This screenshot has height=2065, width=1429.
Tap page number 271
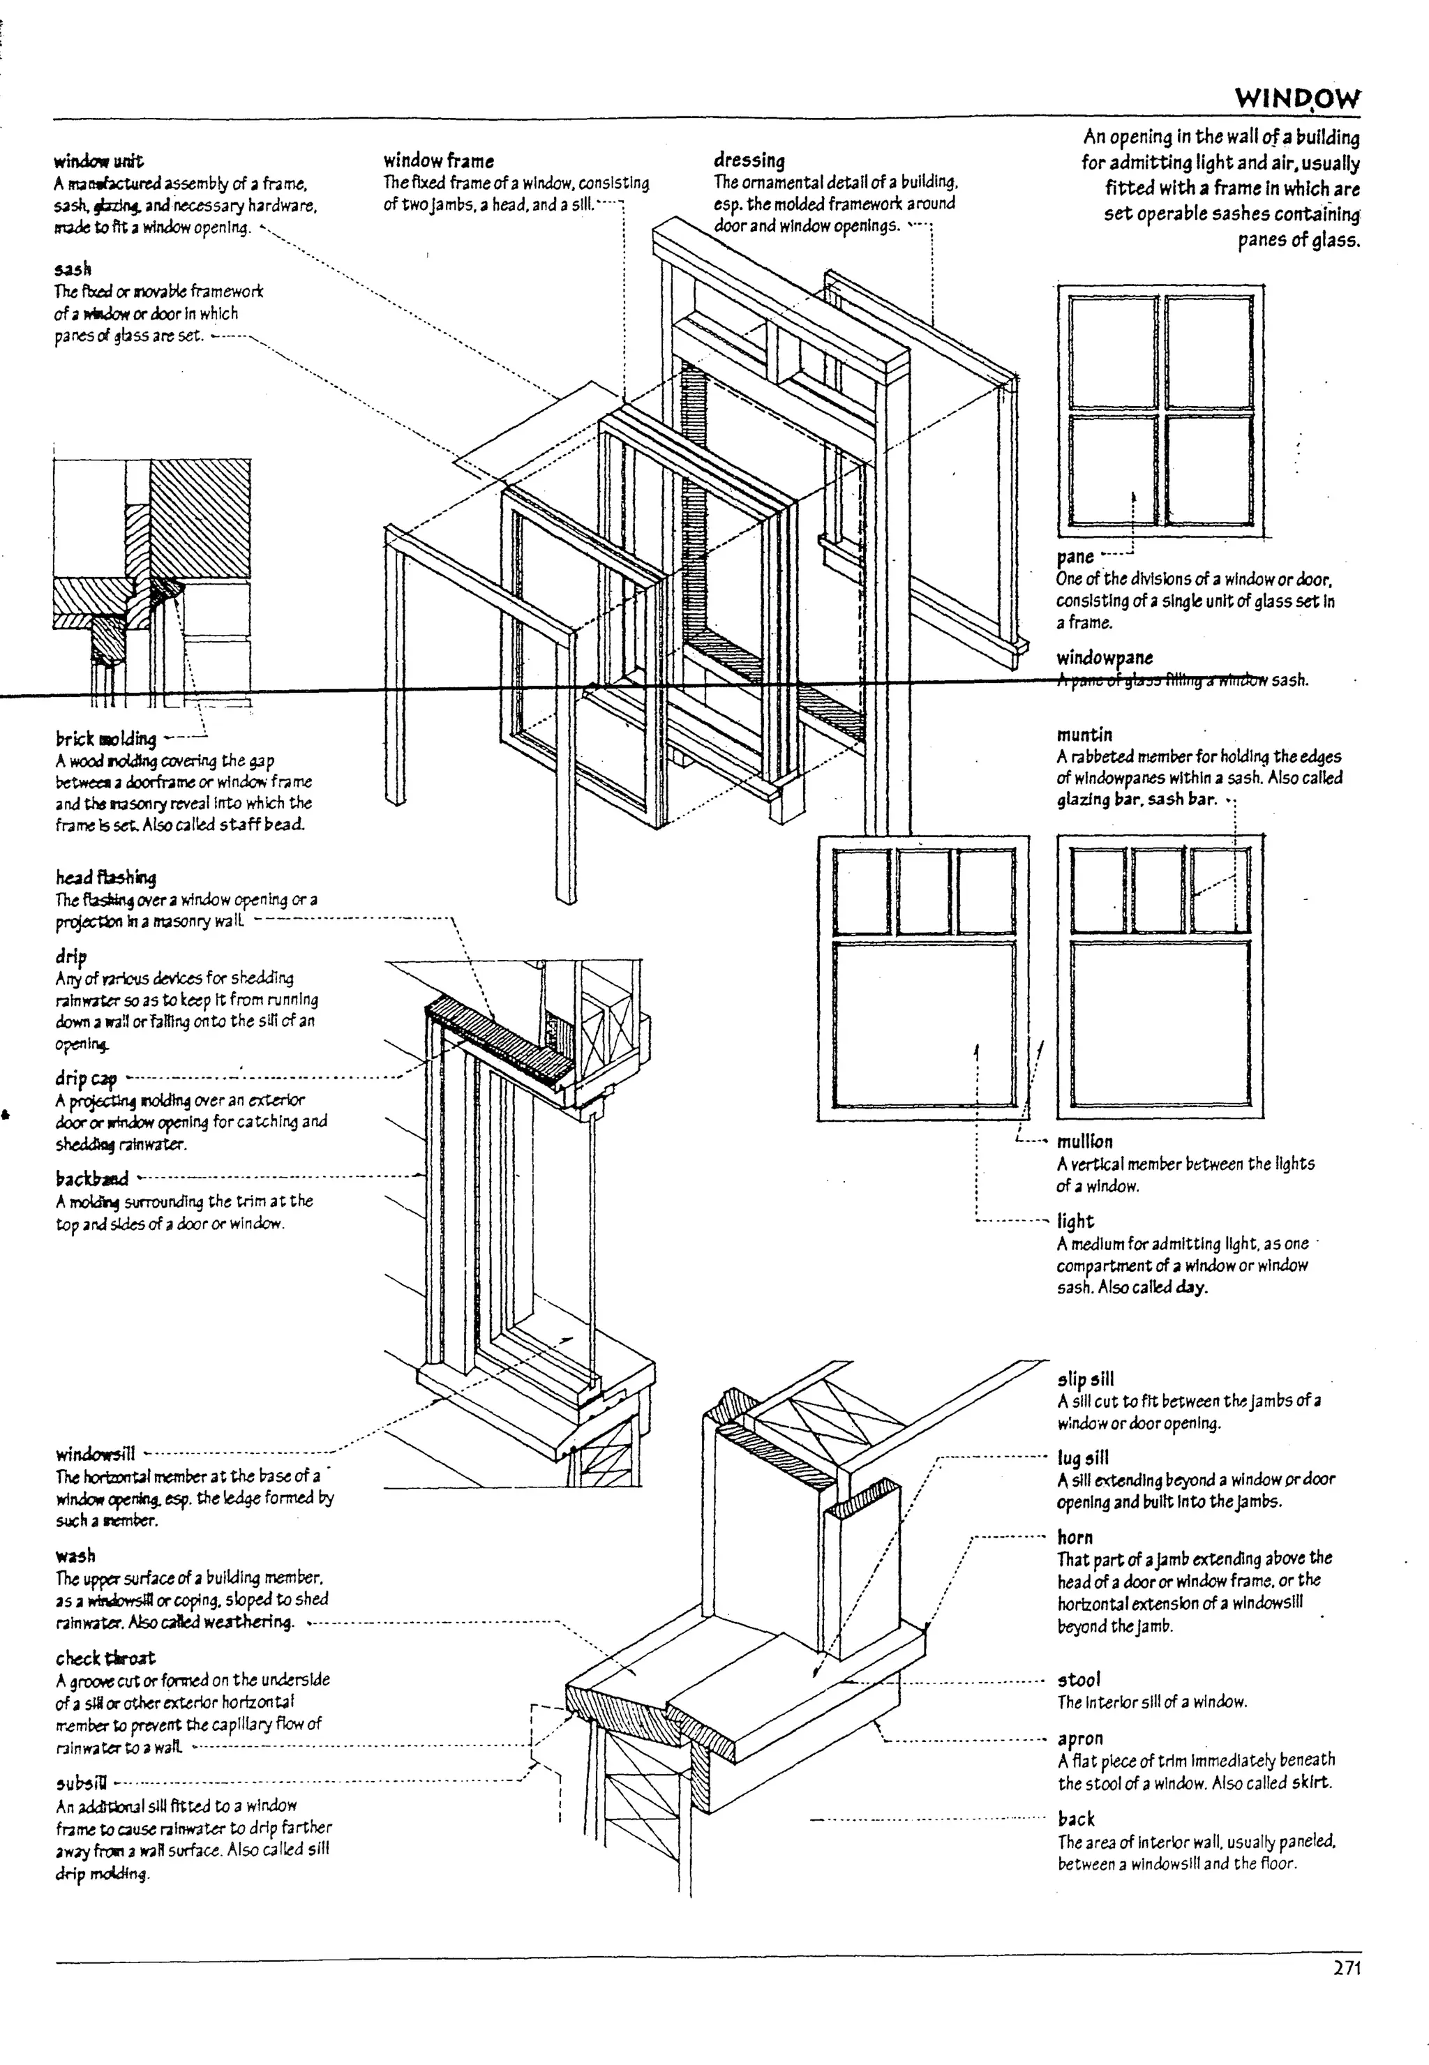click(x=1346, y=1968)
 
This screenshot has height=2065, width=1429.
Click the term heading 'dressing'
click(x=749, y=161)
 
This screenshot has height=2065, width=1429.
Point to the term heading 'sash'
click(x=73, y=269)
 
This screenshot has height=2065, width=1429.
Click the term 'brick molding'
click(x=105, y=739)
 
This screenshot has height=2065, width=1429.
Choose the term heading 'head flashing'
click(x=105, y=877)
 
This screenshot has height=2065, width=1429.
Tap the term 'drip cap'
click(x=86, y=1079)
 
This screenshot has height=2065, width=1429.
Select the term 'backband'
click(x=91, y=1179)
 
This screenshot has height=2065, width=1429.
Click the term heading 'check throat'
click(x=105, y=1658)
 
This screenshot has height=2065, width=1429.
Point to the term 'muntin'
click(x=1084, y=735)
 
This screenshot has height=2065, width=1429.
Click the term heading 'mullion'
click(x=1084, y=1142)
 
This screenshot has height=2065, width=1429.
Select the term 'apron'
click(x=1080, y=1739)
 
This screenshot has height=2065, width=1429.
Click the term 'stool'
click(x=1078, y=1680)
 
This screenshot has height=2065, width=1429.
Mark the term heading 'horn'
click(x=1075, y=1538)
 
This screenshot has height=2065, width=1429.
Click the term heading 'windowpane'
click(x=1104, y=658)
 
